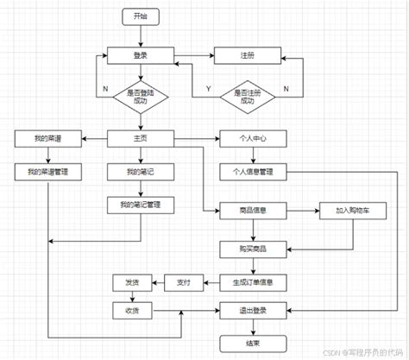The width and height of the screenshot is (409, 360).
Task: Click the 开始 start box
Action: point(140,16)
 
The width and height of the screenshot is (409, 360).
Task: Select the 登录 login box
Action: point(140,56)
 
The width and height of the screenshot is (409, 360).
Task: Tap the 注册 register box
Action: point(247,56)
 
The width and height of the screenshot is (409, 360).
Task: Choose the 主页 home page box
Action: point(140,138)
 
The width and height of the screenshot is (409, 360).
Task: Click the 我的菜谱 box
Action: point(48,138)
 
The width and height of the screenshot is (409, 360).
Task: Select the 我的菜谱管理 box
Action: point(48,171)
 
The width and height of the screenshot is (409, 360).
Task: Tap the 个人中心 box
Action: point(253,138)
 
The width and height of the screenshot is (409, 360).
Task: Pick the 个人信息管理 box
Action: point(253,171)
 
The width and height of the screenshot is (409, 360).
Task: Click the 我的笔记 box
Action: point(140,171)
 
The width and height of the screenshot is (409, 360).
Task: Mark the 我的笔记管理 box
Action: point(140,205)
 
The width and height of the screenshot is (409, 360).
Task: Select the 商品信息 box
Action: point(253,209)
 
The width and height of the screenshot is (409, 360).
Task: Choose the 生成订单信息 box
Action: point(253,281)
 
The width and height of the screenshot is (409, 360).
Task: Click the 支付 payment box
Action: point(183,281)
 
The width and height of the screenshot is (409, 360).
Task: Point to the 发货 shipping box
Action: point(131,281)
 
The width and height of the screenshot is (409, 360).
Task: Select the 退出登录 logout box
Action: point(253,309)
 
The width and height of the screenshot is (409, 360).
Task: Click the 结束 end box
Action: point(253,343)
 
